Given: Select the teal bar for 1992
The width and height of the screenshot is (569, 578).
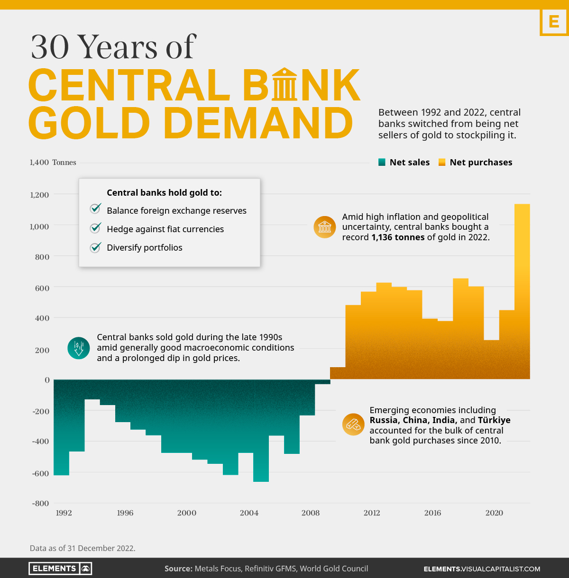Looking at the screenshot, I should tap(62, 426).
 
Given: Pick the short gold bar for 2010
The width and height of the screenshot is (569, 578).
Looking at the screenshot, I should tap(338, 373).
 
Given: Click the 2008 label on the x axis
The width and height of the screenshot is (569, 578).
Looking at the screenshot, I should tap(311, 513).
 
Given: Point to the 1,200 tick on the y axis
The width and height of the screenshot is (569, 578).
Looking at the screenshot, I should tap(39, 195).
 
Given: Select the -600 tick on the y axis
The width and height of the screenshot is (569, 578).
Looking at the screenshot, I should tap(40, 473).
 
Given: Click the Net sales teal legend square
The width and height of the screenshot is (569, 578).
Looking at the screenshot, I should tap(382, 163).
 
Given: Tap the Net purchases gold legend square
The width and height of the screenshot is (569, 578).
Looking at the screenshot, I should tap(442, 163).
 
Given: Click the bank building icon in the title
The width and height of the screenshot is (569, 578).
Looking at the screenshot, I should tap(284, 84).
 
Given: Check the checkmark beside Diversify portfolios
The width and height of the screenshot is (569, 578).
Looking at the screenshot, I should tap(96, 247).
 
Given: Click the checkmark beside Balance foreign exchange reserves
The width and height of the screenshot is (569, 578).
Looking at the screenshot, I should tap(96, 208).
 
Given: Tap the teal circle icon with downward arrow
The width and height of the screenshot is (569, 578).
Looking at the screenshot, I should tap(79, 348).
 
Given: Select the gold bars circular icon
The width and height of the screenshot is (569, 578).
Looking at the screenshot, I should tap(353, 424).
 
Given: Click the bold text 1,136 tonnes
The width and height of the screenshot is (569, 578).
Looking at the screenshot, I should tap(398, 237).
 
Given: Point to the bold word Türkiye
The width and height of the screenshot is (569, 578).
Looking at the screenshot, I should tap(494, 420).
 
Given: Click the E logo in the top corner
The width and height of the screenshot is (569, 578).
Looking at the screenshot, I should tap(553, 22).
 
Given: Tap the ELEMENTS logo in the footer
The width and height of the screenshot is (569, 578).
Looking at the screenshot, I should tap(60, 569).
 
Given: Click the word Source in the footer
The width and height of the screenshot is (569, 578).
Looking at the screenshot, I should tap(178, 569).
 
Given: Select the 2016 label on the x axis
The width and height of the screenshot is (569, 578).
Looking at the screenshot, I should tap(432, 513).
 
